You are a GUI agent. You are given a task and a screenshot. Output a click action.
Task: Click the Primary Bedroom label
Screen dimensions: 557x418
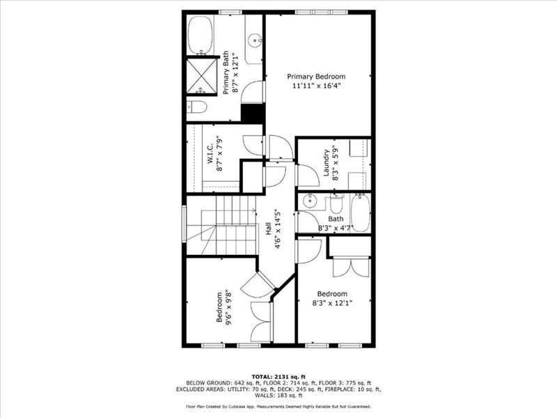tap(316, 77)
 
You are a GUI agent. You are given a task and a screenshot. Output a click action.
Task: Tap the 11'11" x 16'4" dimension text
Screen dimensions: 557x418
tap(316, 86)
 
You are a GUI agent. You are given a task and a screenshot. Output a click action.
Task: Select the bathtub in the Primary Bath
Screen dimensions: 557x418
tap(201, 36)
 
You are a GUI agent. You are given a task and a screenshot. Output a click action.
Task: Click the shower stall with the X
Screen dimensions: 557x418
tap(201, 77)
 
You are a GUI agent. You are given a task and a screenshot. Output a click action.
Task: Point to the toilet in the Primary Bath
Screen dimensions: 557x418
tap(196, 107)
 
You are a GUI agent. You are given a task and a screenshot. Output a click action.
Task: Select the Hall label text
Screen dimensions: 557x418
tap(269, 229)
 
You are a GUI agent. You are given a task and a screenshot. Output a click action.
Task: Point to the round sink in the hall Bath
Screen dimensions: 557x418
tap(310, 201)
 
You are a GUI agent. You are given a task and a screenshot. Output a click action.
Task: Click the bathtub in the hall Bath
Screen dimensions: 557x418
tap(360, 213)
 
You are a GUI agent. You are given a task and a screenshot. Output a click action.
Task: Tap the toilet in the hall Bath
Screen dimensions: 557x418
tap(336, 203)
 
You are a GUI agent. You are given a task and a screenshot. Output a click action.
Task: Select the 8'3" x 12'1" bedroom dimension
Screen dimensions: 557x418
tap(332, 303)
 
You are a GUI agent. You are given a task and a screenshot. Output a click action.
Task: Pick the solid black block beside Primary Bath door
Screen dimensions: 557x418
tap(253, 114)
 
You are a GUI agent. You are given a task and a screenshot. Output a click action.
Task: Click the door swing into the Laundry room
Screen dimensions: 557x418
tap(308, 176)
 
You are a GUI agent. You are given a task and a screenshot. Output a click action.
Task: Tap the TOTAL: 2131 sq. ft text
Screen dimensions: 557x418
tap(278, 377)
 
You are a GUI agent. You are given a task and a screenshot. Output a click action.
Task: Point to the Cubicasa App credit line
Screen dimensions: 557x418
tap(278, 406)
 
